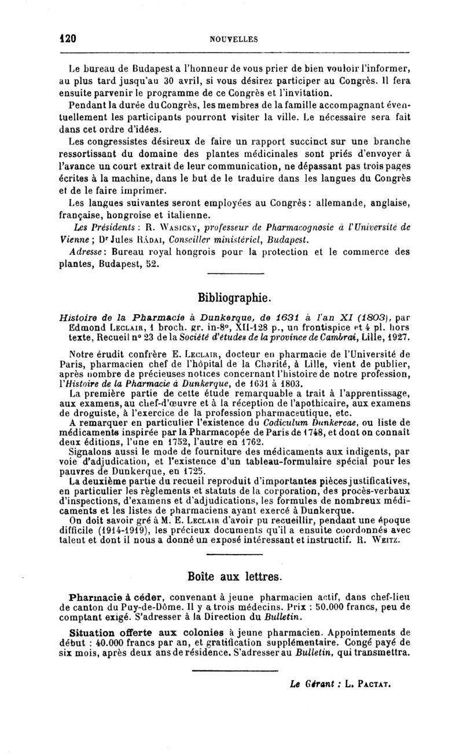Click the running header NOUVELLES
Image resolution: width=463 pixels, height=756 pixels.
point(233,39)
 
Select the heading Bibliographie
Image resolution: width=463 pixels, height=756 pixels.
point(234,299)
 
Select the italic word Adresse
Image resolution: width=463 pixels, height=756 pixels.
point(85,252)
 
